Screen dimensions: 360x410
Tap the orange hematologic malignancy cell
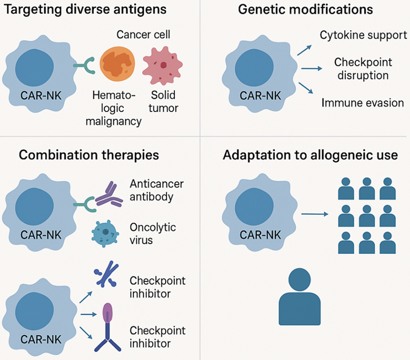[117, 65]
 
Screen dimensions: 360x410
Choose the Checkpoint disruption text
[361, 68]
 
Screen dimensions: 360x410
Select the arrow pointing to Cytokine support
[303, 50]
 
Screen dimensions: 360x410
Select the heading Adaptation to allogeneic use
[310, 155]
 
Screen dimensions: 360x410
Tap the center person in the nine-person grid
[367, 216]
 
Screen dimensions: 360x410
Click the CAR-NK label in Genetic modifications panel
[260, 94]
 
